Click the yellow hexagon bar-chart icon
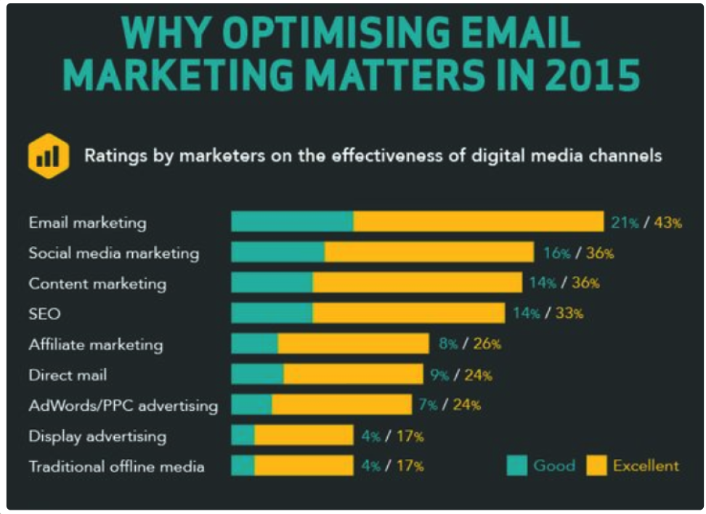point(49,155)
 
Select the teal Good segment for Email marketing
point(292,222)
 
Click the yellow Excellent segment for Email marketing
point(478,222)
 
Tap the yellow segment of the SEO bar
point(408,314)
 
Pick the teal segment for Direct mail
point(257,375)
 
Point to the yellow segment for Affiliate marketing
point(353,344)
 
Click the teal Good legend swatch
point(517,465)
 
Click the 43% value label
point(668,223)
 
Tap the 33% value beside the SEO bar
point(569,314)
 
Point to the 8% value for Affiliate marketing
point(447,344)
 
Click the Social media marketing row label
point(113,253)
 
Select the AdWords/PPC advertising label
point(123,405)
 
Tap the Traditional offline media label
point(116,466)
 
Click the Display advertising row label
point(97,436)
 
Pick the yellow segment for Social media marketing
point(429,253)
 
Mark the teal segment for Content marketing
point(272,283)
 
